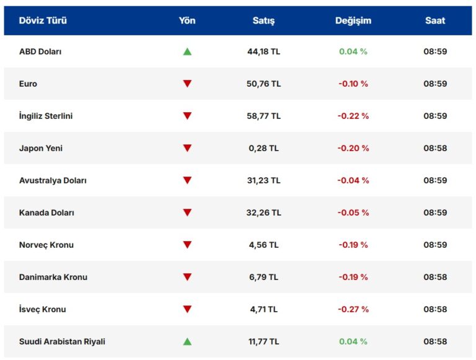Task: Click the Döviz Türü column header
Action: (x=43, y=20)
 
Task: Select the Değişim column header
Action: (x=353, y=20)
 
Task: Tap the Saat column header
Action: (x=435, y=20)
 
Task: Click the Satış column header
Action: (x=263, y=20)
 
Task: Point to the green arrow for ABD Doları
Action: (x=187, y=51)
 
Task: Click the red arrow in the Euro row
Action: (x=187, y=84)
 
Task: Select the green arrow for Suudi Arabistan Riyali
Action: (x=187, y=341)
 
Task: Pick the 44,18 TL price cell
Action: (x=263, y=51)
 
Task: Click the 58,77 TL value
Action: (x=263, y=116)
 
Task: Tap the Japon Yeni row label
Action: (x=41, y=148)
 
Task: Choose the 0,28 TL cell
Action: (x=263, y=148)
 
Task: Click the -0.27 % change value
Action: (x=353, y=309)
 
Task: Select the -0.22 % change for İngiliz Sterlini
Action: (x=353, y=116)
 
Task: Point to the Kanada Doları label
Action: (x=46, y=213)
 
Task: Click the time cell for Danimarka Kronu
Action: (x=435, y=277)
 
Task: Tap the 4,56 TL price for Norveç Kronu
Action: (x=263, y=245)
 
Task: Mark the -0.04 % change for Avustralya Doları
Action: (x=353, y=180)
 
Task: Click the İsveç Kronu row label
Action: (x=42, y=309)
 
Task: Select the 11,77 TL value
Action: (x=263, y=341)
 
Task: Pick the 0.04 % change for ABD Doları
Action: (x=353, y=51)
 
